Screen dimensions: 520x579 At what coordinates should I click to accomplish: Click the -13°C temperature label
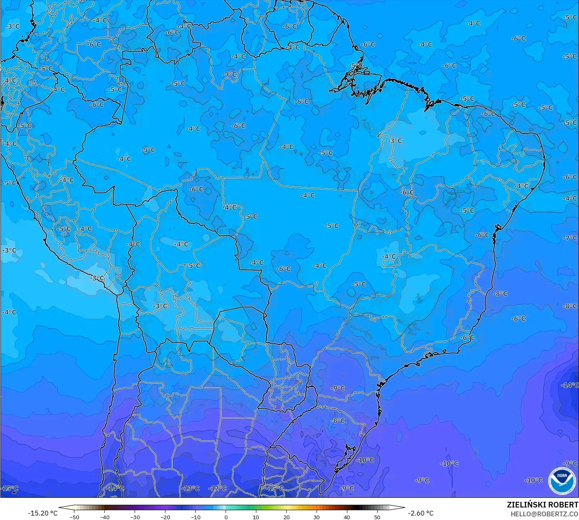click(190, 488)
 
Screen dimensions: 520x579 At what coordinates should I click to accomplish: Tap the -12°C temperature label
click(218, 488)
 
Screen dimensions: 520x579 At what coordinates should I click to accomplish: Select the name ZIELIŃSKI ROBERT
click(543, 505)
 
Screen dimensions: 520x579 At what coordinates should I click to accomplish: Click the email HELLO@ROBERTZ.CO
click(544, 514)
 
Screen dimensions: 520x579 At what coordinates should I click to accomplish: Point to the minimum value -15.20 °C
click(42, 513)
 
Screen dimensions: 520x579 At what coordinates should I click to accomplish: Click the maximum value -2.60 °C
click(421, 513)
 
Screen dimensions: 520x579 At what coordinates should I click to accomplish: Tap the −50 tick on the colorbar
click(74, 517)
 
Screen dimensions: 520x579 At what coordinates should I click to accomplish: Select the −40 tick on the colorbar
click(105, 517)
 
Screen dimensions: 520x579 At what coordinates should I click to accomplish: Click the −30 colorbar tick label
click(135, 517)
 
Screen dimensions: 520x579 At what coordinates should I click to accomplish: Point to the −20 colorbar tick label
click(165, 517)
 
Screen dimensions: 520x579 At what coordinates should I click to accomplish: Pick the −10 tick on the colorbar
click(196, 517)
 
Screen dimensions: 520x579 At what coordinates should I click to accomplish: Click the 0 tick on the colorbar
click(226, 517)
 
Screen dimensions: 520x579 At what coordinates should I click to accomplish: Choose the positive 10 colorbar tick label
click(256, 517)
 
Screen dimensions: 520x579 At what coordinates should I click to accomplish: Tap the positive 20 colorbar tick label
click(286, 517)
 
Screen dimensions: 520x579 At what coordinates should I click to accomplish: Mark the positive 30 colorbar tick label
click(317, 517)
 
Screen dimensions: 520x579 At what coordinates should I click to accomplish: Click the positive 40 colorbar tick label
click(347, 517)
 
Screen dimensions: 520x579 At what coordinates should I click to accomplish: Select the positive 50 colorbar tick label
click(377, 517)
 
